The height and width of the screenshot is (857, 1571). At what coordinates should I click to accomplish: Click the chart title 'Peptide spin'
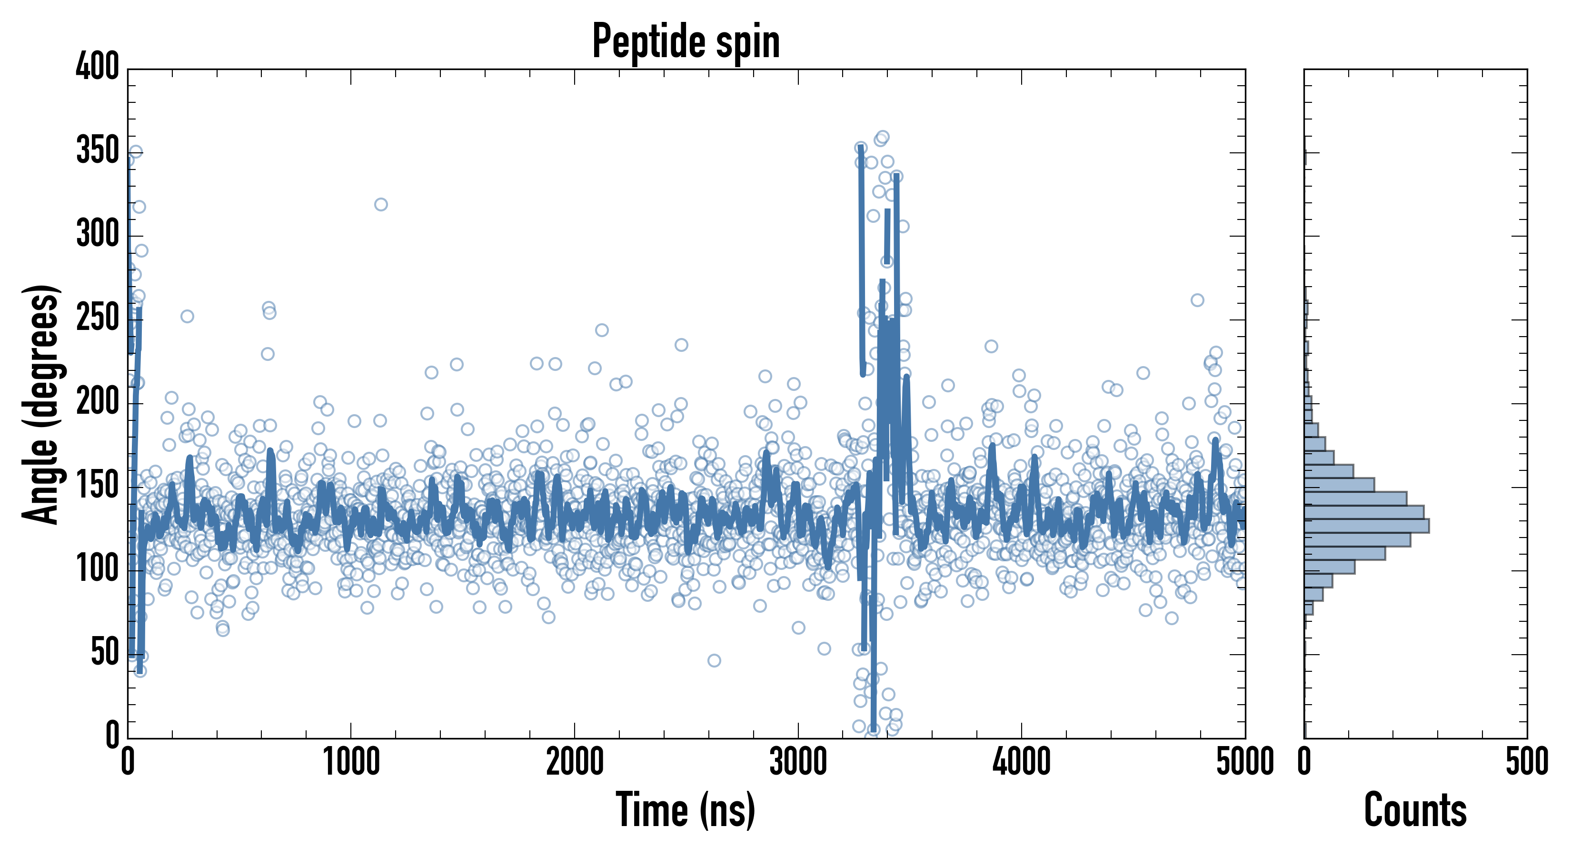(686, 41)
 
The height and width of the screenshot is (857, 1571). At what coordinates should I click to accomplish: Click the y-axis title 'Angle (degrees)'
(41, 404)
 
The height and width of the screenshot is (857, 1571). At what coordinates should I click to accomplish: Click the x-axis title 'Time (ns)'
(686, 810)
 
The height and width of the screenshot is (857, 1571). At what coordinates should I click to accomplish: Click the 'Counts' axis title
(1415, 810)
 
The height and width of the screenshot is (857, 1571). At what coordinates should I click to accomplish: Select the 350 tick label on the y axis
(98, 150)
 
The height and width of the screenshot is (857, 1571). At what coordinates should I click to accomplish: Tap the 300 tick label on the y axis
(98, 234)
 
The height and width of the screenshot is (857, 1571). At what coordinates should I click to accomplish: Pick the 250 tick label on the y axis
(98, 318)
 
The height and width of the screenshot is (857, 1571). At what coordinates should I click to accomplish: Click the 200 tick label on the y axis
(98, 401)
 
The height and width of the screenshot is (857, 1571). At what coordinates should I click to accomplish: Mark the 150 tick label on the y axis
(98, 486)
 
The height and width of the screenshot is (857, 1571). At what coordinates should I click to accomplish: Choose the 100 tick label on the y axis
(98, 569)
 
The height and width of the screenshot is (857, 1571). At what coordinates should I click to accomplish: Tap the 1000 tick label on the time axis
(351, 762)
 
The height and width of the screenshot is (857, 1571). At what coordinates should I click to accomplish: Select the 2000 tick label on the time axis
(575, 762)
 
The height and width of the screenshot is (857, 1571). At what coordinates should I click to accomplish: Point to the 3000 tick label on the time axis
(798, 762)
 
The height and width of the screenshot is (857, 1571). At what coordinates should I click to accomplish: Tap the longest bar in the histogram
(1366, 526)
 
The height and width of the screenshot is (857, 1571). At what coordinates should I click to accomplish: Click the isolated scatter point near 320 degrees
(380, 204)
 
